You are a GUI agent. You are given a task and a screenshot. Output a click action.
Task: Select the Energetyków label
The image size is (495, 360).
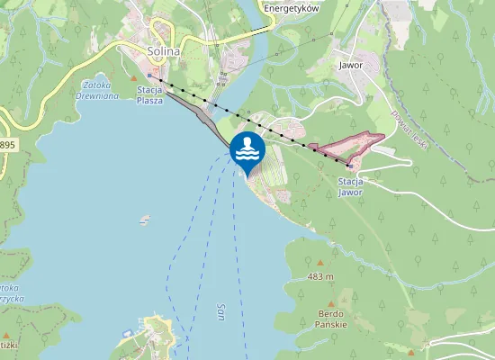[292, 7]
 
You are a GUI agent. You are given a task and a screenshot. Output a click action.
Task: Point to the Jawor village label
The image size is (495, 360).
[351, 65]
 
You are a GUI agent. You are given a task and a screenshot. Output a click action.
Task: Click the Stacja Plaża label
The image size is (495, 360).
[149, 95]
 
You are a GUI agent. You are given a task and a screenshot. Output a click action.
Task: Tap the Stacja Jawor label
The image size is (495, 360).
[350, 186]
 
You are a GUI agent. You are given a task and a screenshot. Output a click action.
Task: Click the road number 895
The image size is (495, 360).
[7, 144]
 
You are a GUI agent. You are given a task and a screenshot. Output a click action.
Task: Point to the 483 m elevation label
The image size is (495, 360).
[319, 276]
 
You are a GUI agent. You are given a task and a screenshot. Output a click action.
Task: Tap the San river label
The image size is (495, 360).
[220, 311]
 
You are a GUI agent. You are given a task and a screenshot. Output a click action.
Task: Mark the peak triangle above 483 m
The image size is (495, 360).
[319, 262]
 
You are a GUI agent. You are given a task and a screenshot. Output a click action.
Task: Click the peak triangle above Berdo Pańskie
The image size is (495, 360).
[331, 304]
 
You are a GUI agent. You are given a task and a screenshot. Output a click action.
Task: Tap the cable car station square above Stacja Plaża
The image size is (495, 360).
[149, 76]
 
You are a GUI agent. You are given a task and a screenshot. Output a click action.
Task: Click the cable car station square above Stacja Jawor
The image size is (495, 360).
[349, 165]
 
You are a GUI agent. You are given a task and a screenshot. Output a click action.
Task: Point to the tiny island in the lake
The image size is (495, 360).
[145, 219]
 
